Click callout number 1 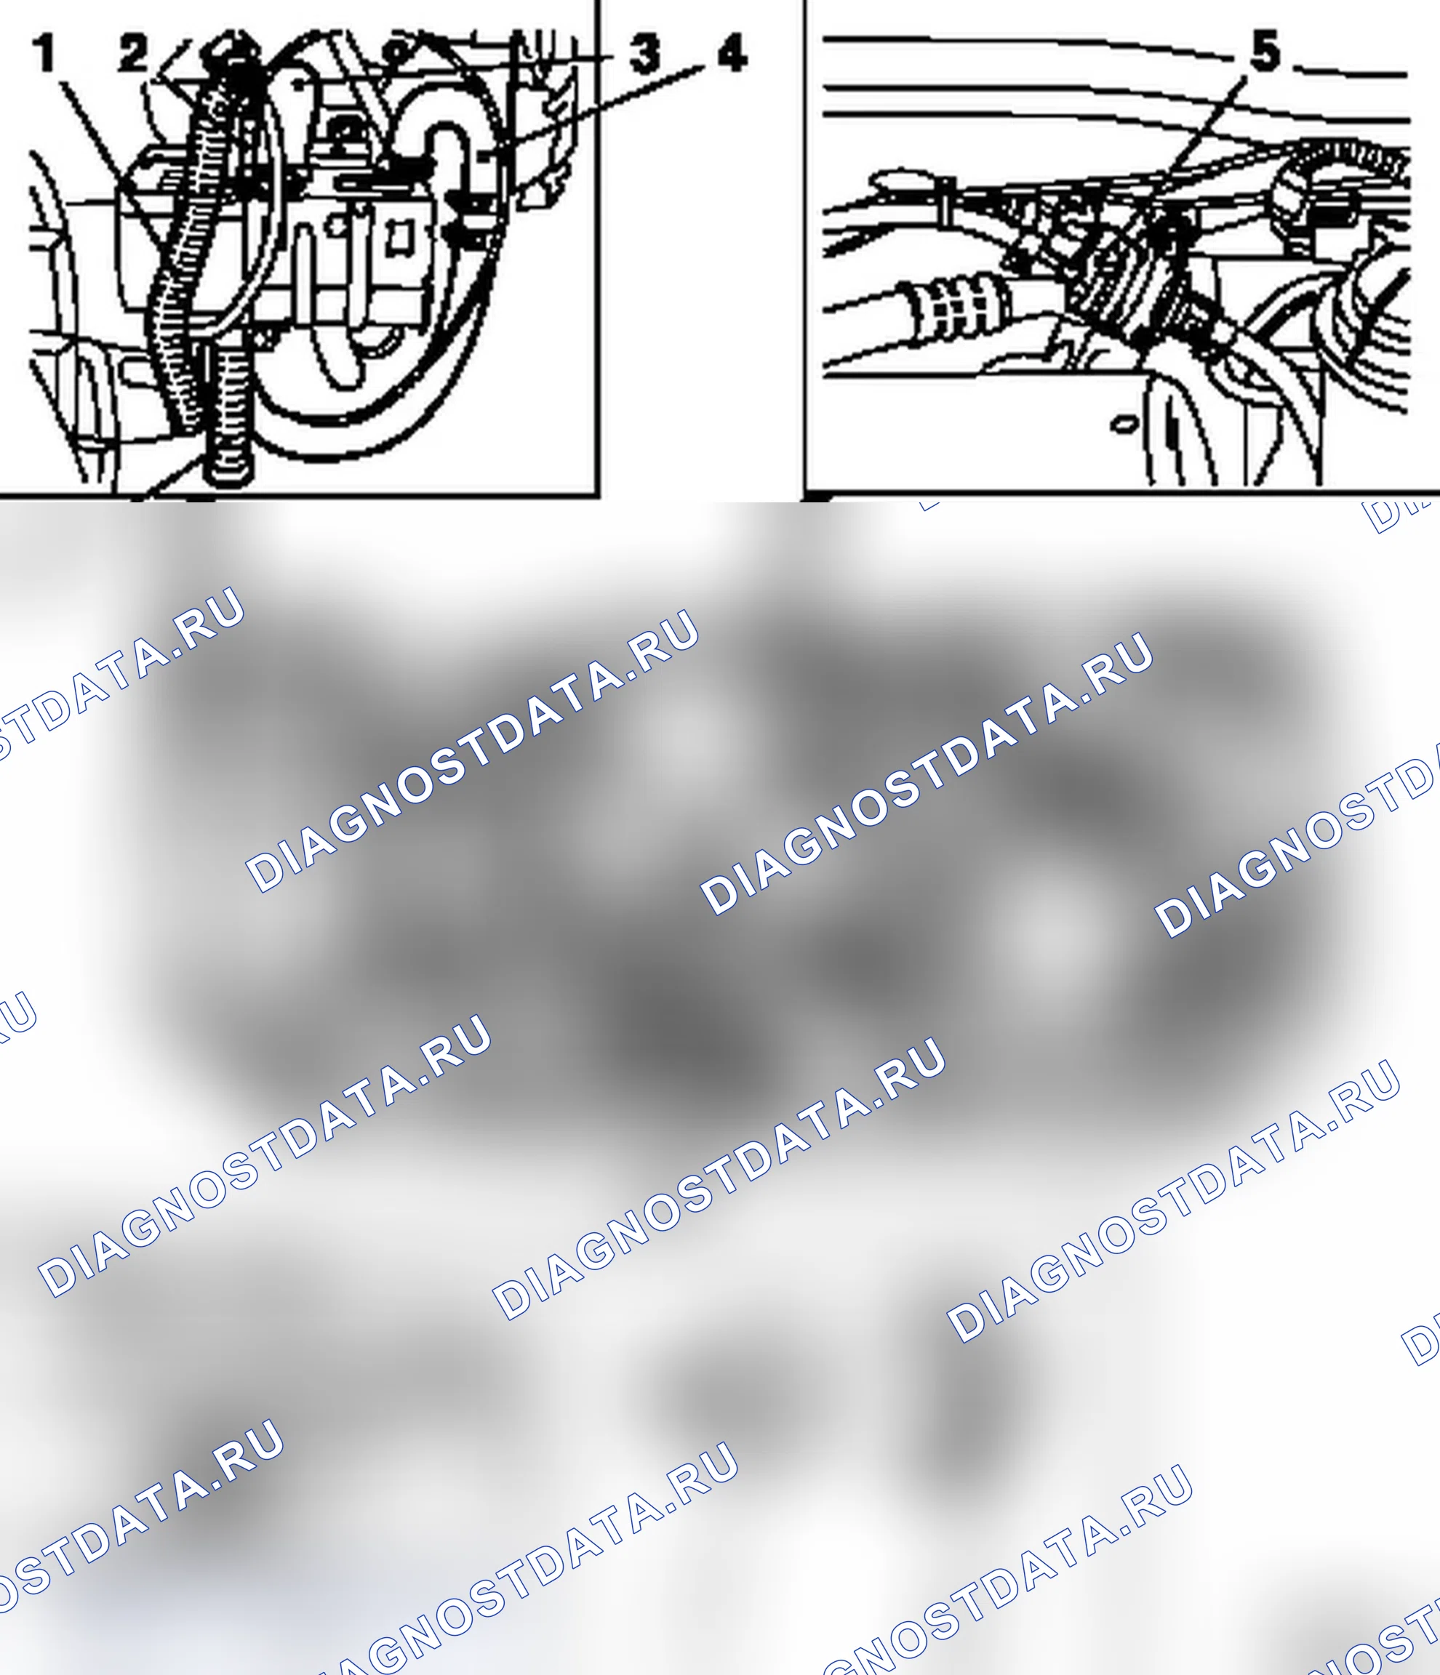(x=45, y=53)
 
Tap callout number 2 (x=135, y=53)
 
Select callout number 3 (x=644, y=53)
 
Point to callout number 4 (x=732, y=53)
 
